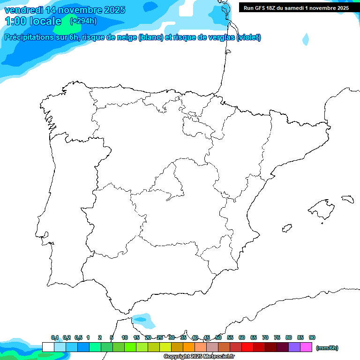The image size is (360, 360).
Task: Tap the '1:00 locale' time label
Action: [33, 21]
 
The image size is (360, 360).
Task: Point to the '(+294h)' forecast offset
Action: [83, 21]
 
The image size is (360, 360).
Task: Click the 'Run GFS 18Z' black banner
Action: [296, 8]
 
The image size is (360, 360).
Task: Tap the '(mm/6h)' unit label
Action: [327, 348]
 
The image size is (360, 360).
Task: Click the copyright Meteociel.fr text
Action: [199, 357]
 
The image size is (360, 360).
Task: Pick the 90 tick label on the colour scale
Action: [312, 337]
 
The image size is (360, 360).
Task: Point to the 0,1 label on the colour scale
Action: [55, 337]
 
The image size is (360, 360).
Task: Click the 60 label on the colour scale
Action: [242, 337]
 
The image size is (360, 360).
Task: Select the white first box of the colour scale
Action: [48, 347]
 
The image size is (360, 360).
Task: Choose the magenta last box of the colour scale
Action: [306, 347]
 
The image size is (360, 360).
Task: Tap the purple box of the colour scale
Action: [294, 347]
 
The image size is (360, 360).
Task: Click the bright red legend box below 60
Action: [247, 347]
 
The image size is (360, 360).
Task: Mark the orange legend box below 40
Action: [189, 347]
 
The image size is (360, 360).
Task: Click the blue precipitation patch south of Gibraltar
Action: [143, 321]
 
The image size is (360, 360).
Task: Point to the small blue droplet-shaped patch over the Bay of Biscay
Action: [306, 39]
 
